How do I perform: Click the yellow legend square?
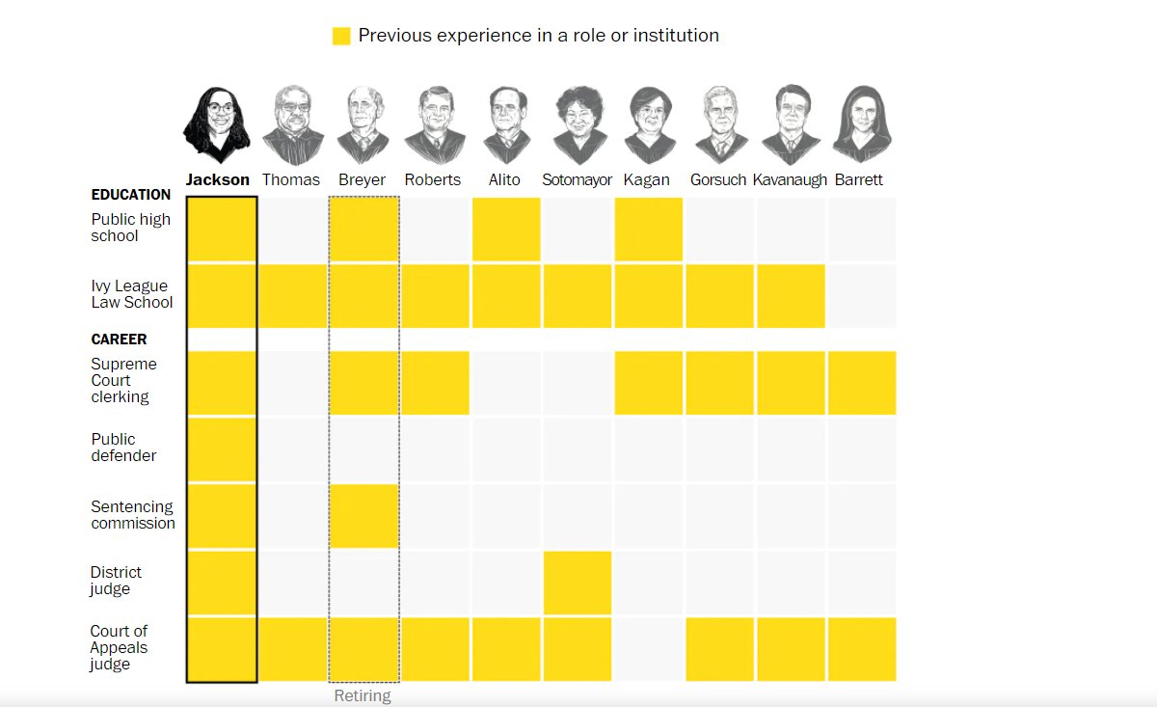pos(341,37)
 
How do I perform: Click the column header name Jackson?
pos(218,179)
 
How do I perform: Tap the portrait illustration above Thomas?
pos(293,125)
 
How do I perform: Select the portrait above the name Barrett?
pos(862,124)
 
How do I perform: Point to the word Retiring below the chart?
pos(363,695)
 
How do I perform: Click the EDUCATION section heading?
pos(131,195)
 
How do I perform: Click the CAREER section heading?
pos(119,340)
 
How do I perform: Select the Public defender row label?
pos(123,448)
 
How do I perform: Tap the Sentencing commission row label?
pos(133,515)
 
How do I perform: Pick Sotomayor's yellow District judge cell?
pos(578,583)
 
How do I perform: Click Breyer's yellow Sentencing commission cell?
pos(364,516)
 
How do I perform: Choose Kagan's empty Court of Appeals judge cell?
pos(648,650)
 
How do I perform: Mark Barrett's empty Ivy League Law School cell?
pos(862,296)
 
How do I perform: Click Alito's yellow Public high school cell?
pos(506,230)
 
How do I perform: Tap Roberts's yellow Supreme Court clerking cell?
pos(436,383)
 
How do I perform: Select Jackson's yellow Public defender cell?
pos(222,449)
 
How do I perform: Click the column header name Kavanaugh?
pos(790,179)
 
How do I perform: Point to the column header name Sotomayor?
pos(577,179)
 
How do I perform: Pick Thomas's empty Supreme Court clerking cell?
pos(293,383)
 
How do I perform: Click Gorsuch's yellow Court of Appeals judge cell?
pos(719,650)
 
